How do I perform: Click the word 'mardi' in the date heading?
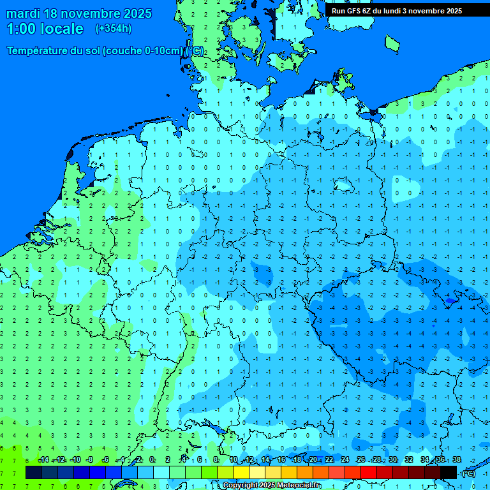(24, 13)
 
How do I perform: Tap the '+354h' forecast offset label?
(114, 29)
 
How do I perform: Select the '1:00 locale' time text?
(45, 29)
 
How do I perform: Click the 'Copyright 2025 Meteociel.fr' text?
(272, 485)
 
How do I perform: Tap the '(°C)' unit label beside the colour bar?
(468, 473)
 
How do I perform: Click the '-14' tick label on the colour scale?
(43, 460)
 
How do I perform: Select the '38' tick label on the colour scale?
(457, 460)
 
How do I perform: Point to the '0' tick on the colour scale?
(152, 460)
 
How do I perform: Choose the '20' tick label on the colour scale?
(313, 460)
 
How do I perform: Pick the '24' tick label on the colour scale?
(345, 460)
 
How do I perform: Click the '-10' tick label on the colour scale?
(75, 460)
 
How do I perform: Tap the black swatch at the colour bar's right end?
(449, 472)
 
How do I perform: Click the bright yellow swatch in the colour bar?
(241, 472)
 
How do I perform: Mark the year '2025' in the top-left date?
(137, 13)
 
